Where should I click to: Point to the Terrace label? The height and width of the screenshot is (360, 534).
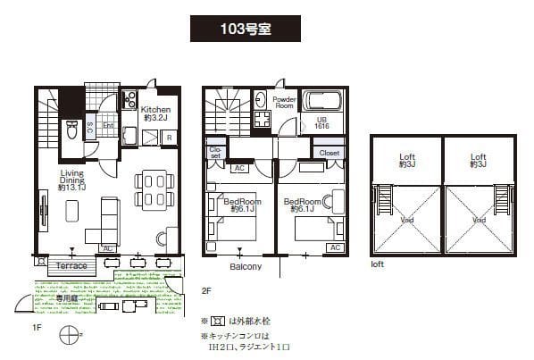(x=72, y=266)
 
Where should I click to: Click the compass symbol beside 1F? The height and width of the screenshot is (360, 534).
(x=68, y=336)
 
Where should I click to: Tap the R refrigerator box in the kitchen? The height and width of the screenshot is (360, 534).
(x=169, y=137)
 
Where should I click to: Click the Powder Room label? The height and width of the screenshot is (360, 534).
(x=284, y=102)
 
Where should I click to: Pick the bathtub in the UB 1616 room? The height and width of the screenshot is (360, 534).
(x=323, y=100)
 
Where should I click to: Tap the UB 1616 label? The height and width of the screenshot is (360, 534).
(x=322, y=124)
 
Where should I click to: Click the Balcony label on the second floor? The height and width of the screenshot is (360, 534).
(x=246, y=267)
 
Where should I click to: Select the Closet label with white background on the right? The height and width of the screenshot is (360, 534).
(x=329, y=153)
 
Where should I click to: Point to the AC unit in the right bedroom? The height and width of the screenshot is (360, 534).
(x=335, y=247)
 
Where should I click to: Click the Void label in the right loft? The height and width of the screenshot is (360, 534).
(x=480, y=220)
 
